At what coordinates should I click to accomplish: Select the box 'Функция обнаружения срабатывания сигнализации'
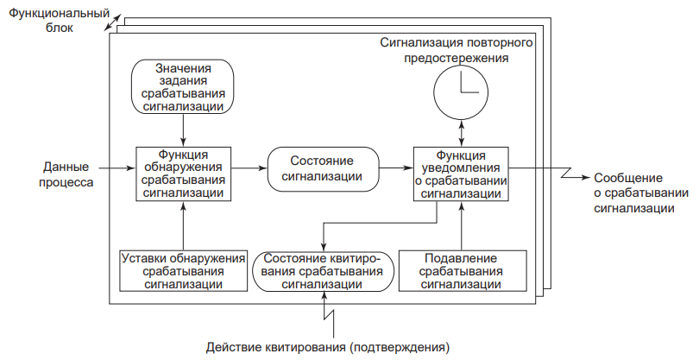[x=183, y=174]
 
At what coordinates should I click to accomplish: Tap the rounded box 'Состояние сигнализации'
[x=324, y=169]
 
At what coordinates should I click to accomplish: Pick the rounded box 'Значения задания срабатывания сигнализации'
[x=183, y=87]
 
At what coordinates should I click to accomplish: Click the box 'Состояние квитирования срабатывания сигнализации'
[x=324, y=271]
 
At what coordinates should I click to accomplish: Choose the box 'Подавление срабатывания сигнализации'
[x=462, y=271]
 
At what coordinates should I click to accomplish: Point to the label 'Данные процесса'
[x=68, y=175]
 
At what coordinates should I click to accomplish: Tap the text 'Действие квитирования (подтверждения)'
[x=328, y=349]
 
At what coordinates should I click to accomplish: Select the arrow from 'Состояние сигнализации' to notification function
[x=396, y=170]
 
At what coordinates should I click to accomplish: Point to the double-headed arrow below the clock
[x=462, y=130]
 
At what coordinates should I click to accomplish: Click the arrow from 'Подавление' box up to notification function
[x=462, y=226]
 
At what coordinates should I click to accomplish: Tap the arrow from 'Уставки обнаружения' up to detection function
[x=183, y=226]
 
